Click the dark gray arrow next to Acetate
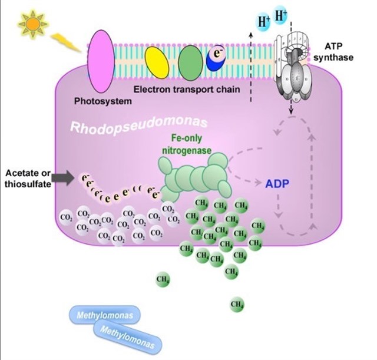[62, 176]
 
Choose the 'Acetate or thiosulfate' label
[28, 177]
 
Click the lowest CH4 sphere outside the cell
[237, 304]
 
